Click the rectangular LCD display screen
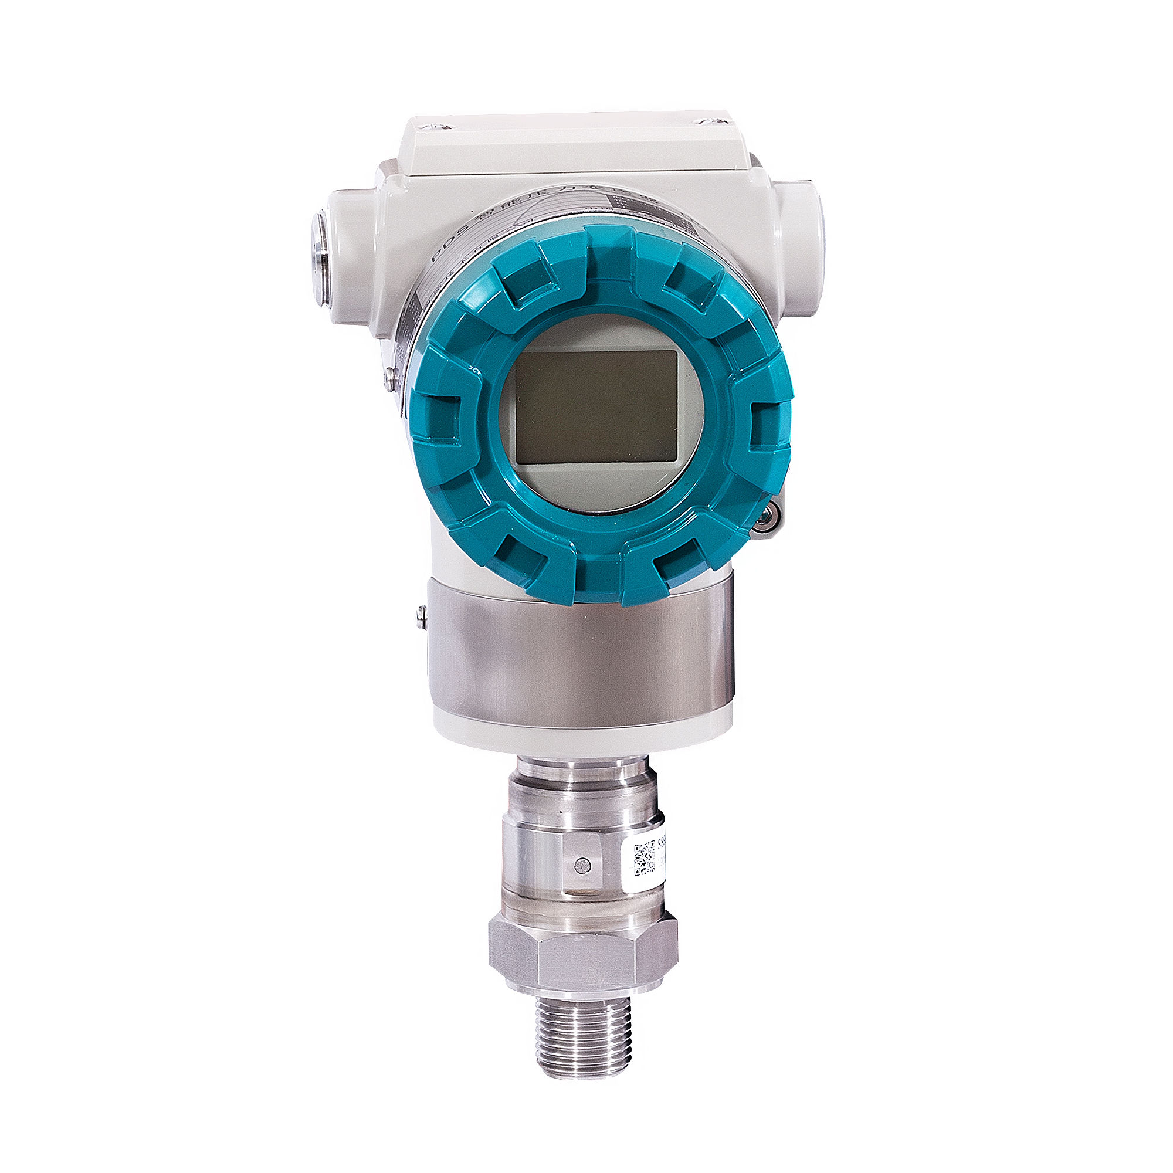(596, 407)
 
